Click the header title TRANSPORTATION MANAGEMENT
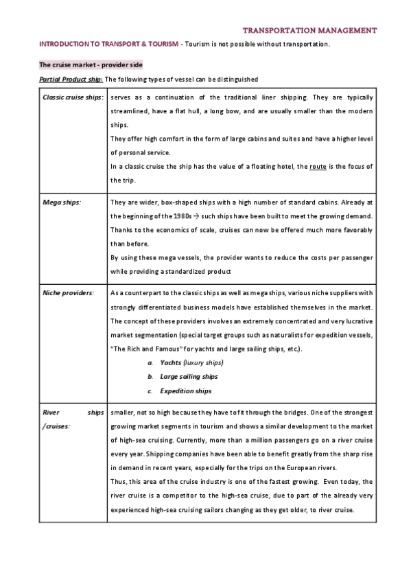tap(310, 31)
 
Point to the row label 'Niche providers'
tap(68, 293)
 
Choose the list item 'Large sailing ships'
tap(189, 377)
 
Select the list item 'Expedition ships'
tap(185, 391)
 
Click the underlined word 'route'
tap(318, 167)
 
